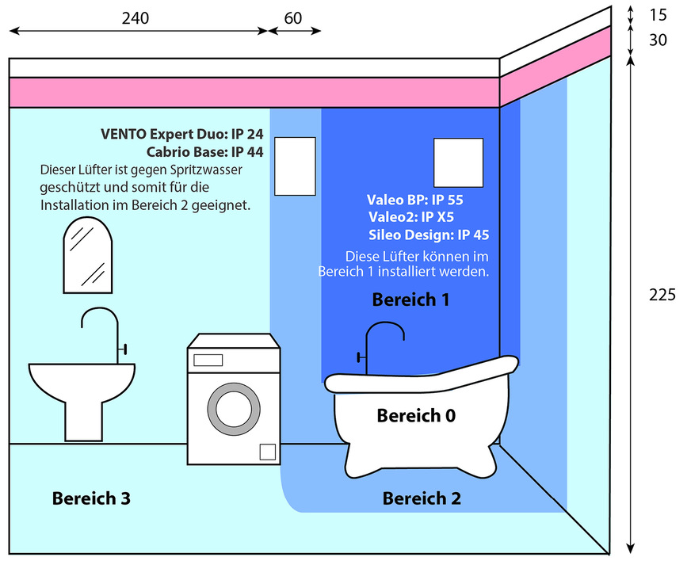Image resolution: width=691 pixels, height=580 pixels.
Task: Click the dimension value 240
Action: pos(135,17)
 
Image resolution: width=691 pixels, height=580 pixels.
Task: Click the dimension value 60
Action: pos(293,17)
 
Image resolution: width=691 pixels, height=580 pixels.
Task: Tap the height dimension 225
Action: pos(662,295)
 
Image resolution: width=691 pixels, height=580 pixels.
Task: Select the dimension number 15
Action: pos(657,14)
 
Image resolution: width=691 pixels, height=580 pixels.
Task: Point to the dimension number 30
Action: pos(657,40)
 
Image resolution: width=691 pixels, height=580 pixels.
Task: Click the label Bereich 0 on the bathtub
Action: pos(416,415)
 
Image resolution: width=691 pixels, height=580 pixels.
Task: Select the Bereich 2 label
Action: pos(422,498)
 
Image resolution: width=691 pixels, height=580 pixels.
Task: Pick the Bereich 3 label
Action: pos(91,498)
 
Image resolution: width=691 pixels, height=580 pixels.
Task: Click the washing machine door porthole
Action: pos(233,409)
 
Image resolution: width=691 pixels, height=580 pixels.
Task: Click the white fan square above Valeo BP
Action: pos(458,163)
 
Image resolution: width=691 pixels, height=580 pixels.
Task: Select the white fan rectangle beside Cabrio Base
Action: pos(295,166)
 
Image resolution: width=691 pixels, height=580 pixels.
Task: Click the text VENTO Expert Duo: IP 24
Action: pos(181,134)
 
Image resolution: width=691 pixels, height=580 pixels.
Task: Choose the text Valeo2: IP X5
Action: pos(411,217)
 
